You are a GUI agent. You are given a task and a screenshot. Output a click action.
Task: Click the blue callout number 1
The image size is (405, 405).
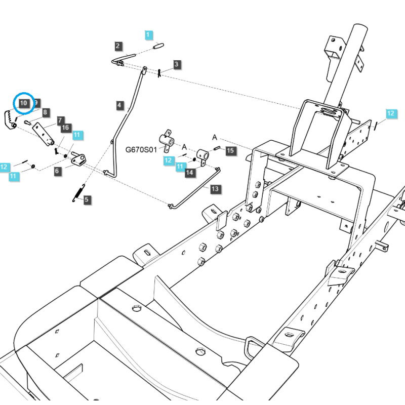click(x=148, y=35)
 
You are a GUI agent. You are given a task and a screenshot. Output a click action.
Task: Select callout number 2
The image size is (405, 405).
click(x=117, y=46)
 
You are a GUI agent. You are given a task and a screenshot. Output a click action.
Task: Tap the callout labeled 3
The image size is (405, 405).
click(x=176, y=64)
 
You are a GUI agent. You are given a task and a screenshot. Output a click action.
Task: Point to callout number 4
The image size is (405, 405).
click(x=119, y=105)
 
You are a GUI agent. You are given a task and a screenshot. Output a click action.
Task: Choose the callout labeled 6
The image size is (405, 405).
click(x=57, y=171)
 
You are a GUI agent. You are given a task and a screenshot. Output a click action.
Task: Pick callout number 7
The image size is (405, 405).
click(x=60, y=120)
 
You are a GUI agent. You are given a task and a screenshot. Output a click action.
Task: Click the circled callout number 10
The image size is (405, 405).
click(x=24, y=103)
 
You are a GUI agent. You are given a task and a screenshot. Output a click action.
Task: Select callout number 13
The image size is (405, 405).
click(x=215, y=189)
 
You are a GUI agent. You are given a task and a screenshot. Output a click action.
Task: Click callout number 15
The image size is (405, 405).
click(x=230, y=150)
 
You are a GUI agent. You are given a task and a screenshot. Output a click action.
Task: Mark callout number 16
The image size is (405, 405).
click(x=65, y=128)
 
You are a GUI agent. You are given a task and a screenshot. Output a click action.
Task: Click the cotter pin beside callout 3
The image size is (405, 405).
click(x=159, y=72)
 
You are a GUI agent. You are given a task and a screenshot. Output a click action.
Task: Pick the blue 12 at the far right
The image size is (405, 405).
click(x=390, y=113)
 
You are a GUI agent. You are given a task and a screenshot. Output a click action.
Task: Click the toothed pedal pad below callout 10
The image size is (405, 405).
click(x=10, y=120)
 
